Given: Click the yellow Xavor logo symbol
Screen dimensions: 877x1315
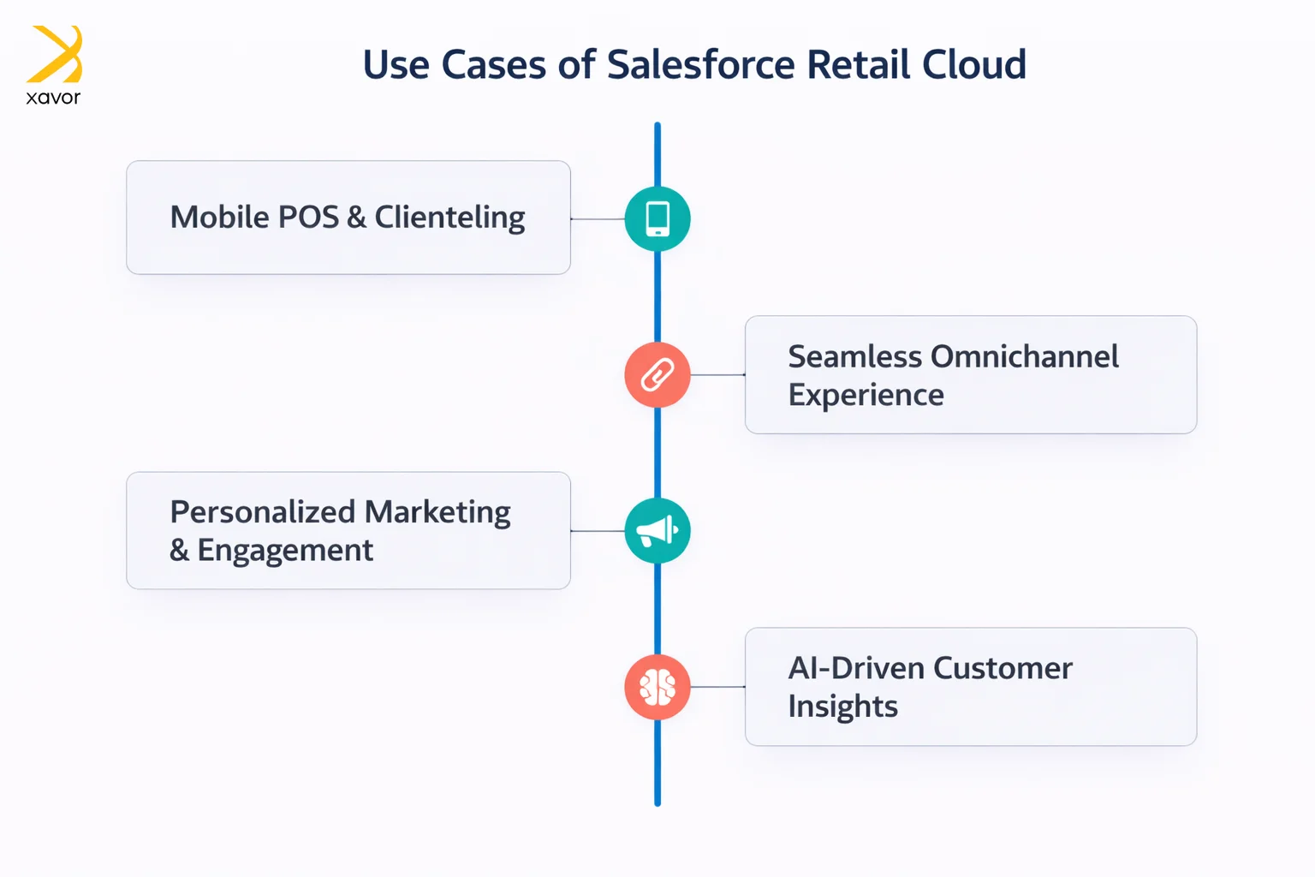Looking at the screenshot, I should click(x=55, y=53).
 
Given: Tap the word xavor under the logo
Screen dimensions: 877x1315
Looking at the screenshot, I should click(x=53, y=98).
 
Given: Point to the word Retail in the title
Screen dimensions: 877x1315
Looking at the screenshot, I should click(x=858, y=65).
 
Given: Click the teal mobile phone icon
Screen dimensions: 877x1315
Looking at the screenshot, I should click(x=657, y=219).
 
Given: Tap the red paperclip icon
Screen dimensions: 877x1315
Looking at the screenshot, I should click(x=657, y=375).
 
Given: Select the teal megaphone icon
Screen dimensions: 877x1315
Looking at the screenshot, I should click(x=657, y=531).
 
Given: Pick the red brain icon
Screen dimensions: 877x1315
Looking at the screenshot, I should click(x=657, y=687).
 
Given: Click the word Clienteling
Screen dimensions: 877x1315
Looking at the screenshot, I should click(x=449, y=218).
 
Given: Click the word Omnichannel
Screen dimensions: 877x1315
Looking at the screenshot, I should click(x=1024, y=356).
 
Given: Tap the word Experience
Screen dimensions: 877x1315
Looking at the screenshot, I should click(x=866, y=395).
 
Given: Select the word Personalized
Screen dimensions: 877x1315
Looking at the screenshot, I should click(x=262, y=512).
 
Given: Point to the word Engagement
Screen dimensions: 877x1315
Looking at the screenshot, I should click(x=285, y=551).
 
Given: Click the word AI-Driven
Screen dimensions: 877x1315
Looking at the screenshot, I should click(x=855, y=668).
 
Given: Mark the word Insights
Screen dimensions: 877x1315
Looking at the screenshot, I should click(x=842, y=707).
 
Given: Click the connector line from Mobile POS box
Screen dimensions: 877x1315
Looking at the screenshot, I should click(x=598, y=219).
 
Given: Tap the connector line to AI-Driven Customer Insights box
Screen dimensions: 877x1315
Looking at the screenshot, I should click(x=717, y=687).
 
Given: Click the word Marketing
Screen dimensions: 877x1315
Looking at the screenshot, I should click(x=437, y=512).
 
